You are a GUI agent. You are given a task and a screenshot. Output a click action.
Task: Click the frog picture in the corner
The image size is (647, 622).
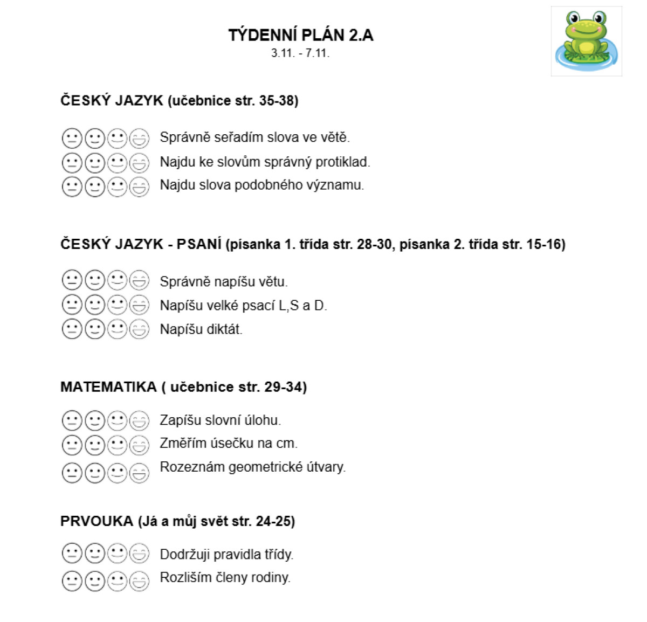(586, 41)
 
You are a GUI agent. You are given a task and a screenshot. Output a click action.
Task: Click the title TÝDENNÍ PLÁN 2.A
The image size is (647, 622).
(300, 36)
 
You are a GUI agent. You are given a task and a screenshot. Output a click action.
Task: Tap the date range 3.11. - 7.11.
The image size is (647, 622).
(300, 53)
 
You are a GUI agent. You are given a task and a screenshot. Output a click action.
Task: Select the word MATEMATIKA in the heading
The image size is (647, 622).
(108, 387)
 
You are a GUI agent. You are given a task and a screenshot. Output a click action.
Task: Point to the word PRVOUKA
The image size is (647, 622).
(97, 521)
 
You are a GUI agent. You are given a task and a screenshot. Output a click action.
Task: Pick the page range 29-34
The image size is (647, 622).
(285, 387)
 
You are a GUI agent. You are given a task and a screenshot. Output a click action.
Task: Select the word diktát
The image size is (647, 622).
(223, 329)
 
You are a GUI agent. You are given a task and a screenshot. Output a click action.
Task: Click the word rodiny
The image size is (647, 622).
(271, 578)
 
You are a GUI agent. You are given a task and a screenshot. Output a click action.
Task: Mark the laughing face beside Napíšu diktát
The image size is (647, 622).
(140, 329)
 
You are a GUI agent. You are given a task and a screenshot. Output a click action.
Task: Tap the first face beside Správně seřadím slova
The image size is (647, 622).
(72, 139)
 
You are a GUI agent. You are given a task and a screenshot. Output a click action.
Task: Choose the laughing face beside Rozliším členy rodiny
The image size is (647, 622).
(140, 581)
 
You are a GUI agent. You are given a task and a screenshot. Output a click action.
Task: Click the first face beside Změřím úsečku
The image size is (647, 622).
(72, 445)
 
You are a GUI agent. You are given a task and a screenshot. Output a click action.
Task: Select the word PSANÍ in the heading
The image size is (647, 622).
(199, 244)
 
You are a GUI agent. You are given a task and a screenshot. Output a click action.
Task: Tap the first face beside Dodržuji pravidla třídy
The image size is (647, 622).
(72, 554)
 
